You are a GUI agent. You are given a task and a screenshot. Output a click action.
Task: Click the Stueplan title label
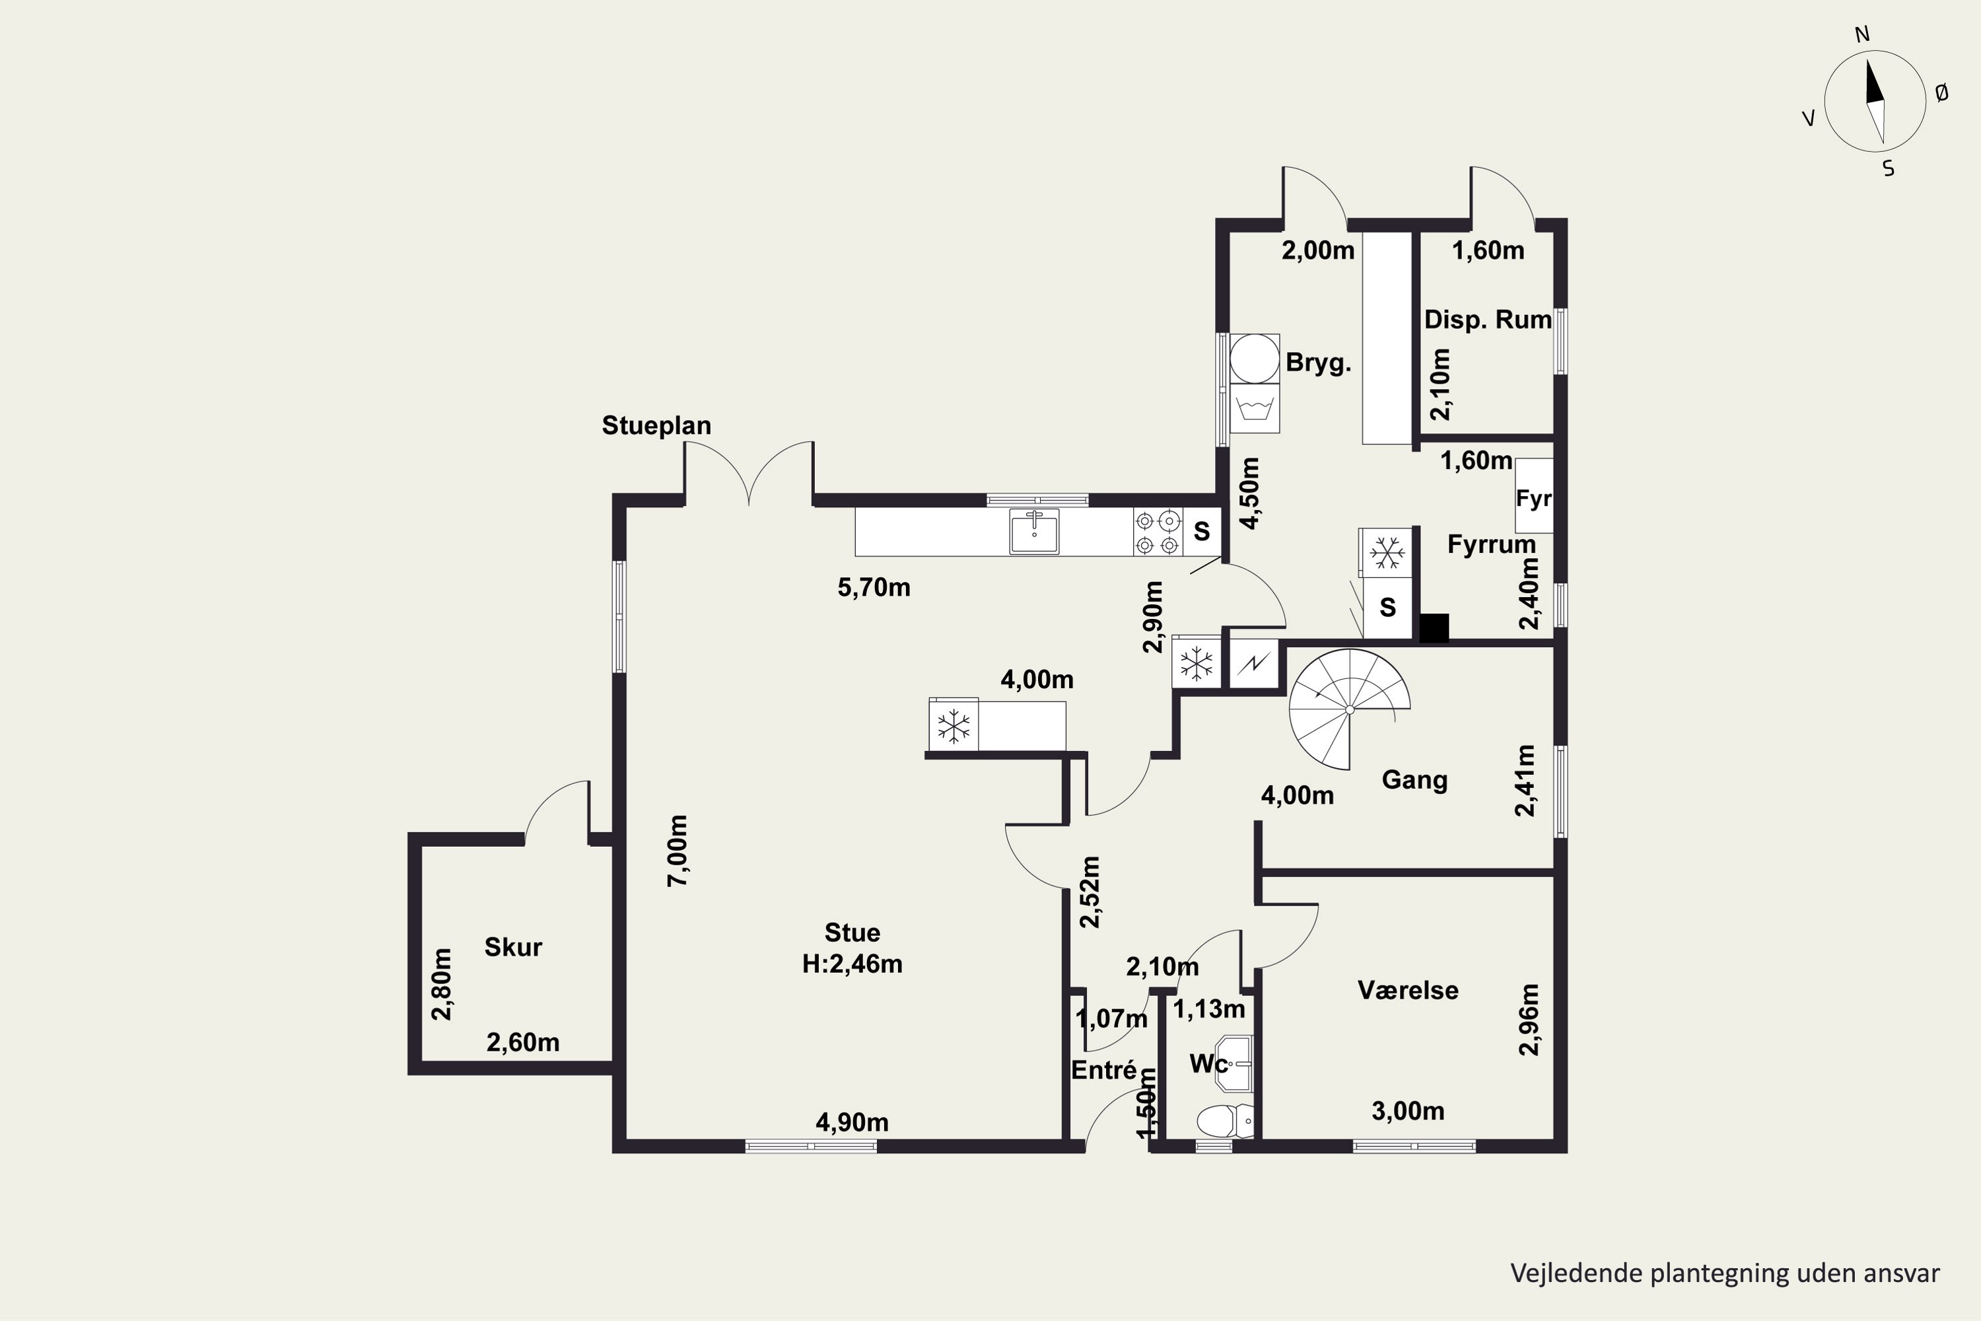(x=656, y=426)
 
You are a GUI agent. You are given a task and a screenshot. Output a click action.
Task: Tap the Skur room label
(x=513, y=947)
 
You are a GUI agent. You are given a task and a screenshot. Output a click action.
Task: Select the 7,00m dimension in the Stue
(x=678, y=850)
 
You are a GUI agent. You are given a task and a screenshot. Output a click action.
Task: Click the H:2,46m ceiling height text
(x=852, y=964)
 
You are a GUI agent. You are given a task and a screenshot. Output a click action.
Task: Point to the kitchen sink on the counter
(x=1034, y=532)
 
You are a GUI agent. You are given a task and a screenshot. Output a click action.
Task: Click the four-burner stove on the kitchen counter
(x=1158, y=532)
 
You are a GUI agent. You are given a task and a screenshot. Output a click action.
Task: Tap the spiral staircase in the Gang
(x=1349, y=709)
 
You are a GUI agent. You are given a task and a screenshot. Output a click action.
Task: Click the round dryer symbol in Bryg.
(x=1254, y=359)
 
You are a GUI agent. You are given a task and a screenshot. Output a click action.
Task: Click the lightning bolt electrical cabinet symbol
(x=1253, y=664)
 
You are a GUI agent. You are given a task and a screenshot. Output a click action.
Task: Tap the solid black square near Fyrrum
(x=1434, y=627)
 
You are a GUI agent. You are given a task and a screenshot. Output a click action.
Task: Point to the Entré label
(x=1104, y=1070)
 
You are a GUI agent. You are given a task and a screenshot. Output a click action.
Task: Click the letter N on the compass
(x=1862, y=34)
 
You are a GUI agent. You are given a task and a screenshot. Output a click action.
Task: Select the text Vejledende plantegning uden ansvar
(x=1725, y=1273)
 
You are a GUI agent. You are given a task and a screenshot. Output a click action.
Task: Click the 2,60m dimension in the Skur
(x=523, y=1043)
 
